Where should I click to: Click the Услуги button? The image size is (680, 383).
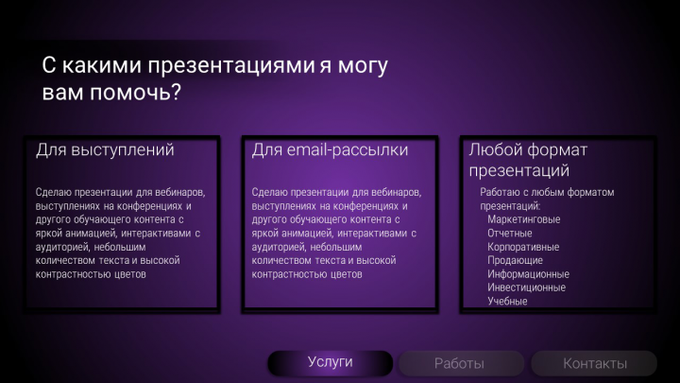[x=330, y=362]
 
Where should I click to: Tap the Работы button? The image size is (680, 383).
[x=459, y=363]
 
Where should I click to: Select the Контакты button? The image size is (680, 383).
[x=594, y=363]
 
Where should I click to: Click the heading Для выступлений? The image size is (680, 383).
[x=105, y=149]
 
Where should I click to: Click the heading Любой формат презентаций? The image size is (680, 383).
[x=528, y=160]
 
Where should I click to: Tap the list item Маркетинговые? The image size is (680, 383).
[x=523, y=219]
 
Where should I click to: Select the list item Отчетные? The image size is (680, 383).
[x=510, y=233]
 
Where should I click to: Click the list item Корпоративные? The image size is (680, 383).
[x=523, y=247]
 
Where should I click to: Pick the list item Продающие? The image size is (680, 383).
[x=515, y=260]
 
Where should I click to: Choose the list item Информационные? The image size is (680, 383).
[x=528, y=274]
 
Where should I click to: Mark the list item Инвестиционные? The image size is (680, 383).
[x=527, y=287]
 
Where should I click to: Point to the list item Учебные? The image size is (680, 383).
[x=507, y=301]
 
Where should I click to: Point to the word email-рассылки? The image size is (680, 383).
[x=346, y=149]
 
